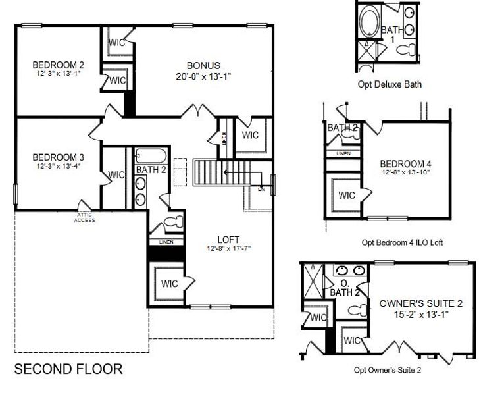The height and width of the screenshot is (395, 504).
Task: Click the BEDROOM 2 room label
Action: [x=59, y=65]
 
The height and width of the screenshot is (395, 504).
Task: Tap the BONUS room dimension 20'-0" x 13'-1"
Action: [x=203, y=76]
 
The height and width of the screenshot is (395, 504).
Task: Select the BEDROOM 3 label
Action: [x=59, y=157]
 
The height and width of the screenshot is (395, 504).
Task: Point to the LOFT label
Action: [x=228, y=239]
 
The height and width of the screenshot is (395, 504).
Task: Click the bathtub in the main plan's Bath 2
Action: [x=149, y=157]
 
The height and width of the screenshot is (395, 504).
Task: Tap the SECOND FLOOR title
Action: [x=68, y=369]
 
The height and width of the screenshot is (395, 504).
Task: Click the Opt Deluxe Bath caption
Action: [x=390, y=84]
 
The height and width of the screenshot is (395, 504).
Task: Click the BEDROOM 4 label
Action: [x=405, y=164]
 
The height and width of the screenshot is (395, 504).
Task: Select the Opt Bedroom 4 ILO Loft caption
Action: [x=402, y=242]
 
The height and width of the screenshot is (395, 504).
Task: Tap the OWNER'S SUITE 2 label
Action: [x=421, y=303]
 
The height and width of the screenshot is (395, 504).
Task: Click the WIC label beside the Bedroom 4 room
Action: [x=347, y=195]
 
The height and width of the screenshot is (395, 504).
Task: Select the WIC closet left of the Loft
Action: [x=168, y=284]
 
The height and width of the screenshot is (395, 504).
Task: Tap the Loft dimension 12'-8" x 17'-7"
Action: [x=228, y=248]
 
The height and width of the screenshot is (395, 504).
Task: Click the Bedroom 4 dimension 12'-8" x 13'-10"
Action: [x=405, y=172]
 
